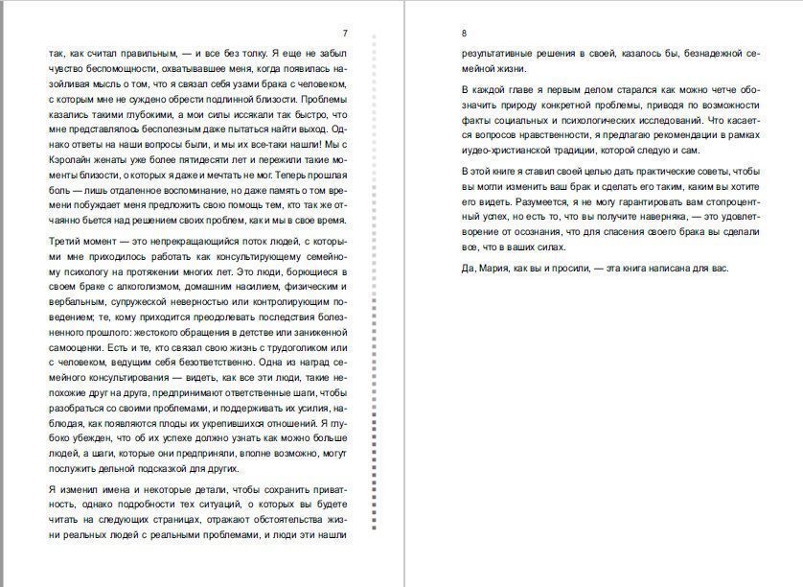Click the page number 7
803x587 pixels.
(x=345, y=33)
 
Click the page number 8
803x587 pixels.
(x=464, y=33)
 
